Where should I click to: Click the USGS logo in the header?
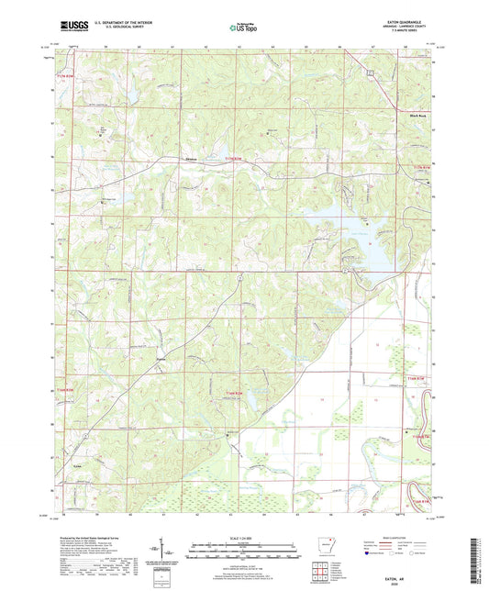pyautogui.click(x=72, y=28)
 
